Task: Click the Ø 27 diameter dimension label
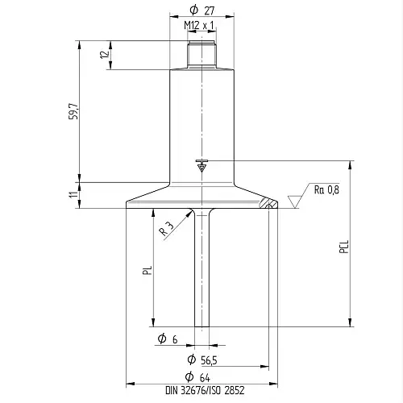pyautogui.click(x=202, y=10)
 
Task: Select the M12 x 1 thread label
pyautogui.click(x=199, y=26)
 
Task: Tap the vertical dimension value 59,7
pyautogui.click(x=74, y=111)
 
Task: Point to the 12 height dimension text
pyautogui.click(x=105, y=54)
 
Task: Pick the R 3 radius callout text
pyautogui.click(x=167, y=229)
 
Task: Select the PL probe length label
pyautogui.click(x=147, y=270)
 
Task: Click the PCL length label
pyautogui.click(x=344, y=247)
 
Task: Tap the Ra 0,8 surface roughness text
pyautogui.click(x=326, y=190)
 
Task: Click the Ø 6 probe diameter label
pyautogui.click(x=168, y=339)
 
